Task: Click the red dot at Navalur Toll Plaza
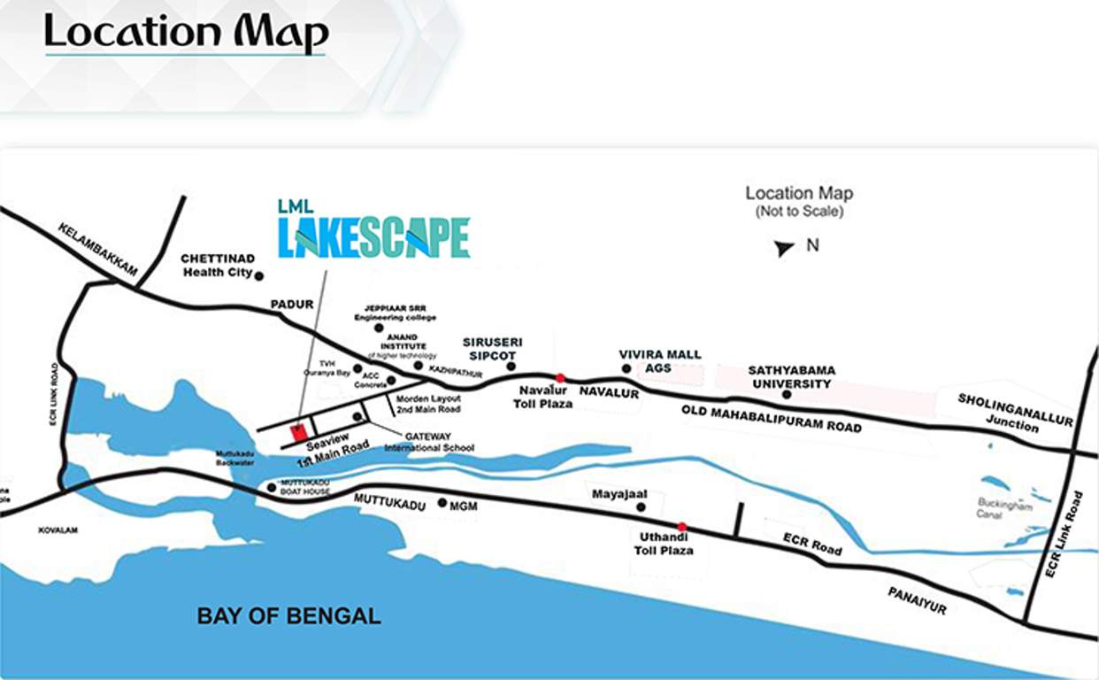[560, 378]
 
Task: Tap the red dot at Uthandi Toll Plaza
[681, 527]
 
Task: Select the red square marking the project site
[298, 432]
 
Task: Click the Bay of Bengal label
[288, 616]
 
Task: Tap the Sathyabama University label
[791, 377]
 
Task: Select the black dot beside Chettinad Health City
[259, 276]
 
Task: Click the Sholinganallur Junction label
[1014, 413]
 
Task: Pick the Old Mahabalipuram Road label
[771, 417]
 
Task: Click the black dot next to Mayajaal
[642, 507]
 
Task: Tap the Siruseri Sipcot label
[492, 349]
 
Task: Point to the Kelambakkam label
[97, 249]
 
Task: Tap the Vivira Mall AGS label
[659, 361]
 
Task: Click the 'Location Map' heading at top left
[186, 33]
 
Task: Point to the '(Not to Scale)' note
[798, 212]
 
